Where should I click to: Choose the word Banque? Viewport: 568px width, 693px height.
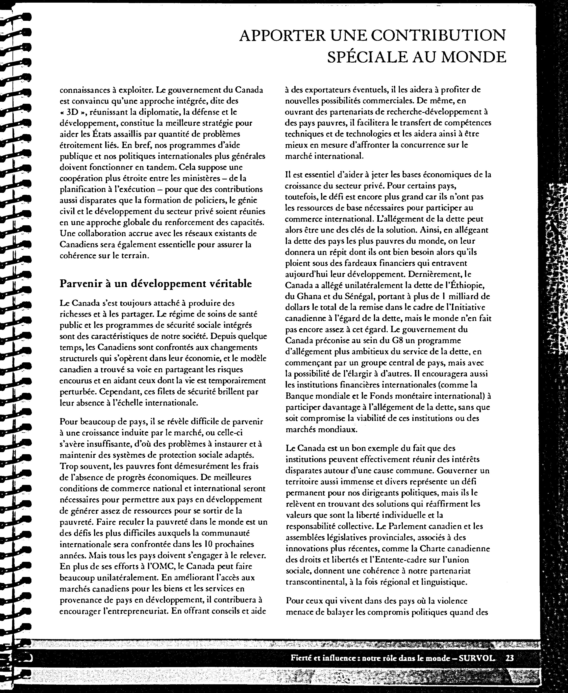coord(299,396)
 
